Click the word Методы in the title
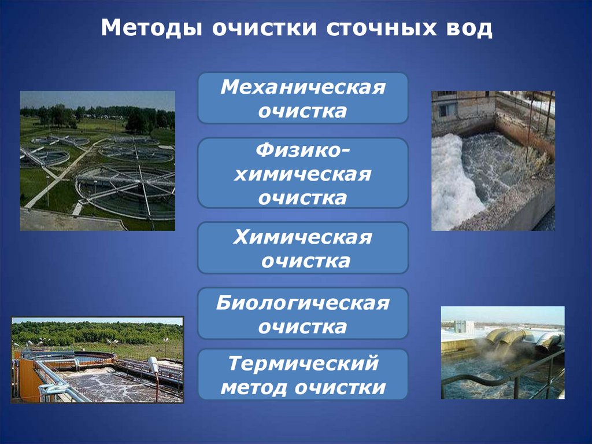click(151, 28)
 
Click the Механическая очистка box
click(303, 98)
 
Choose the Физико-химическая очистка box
click(303, 173)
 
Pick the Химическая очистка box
click(303, 248)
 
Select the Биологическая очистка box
click(303, 314)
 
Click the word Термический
click(303, 364)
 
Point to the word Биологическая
click(303, 303)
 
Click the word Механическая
click(303, 88)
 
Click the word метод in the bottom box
click(254, 386)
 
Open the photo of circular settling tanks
click(97, 160)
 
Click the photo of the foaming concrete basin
click(493, 160)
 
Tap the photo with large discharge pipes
click(502, 352)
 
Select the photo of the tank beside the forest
click(97, 359)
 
